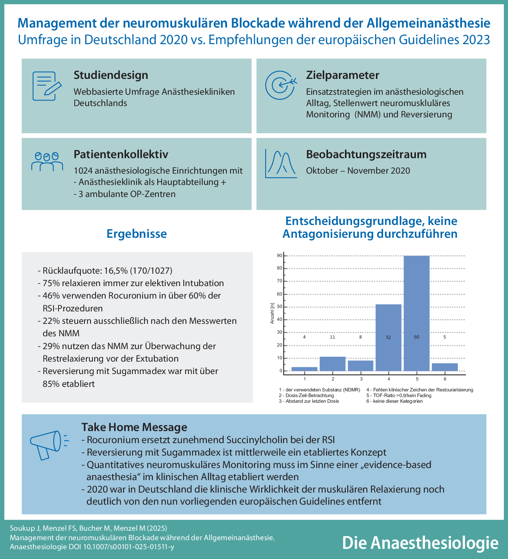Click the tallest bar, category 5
(416, 313)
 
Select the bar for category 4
(388, 337)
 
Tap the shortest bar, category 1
(305, 369)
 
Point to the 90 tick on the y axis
(280, 256)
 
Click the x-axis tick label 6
(445, 379)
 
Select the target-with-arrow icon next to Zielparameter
(280, 85)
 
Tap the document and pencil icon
(46, 86)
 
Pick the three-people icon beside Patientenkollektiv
(47, 162)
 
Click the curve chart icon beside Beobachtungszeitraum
(280, 164)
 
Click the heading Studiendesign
(111, 75)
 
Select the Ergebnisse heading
(137, 234)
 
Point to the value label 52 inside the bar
(388, 337)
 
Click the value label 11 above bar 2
(333, 337)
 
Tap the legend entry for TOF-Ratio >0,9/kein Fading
(399, 396)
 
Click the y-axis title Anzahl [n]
(272, 313)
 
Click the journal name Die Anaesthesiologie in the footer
(420, 542)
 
